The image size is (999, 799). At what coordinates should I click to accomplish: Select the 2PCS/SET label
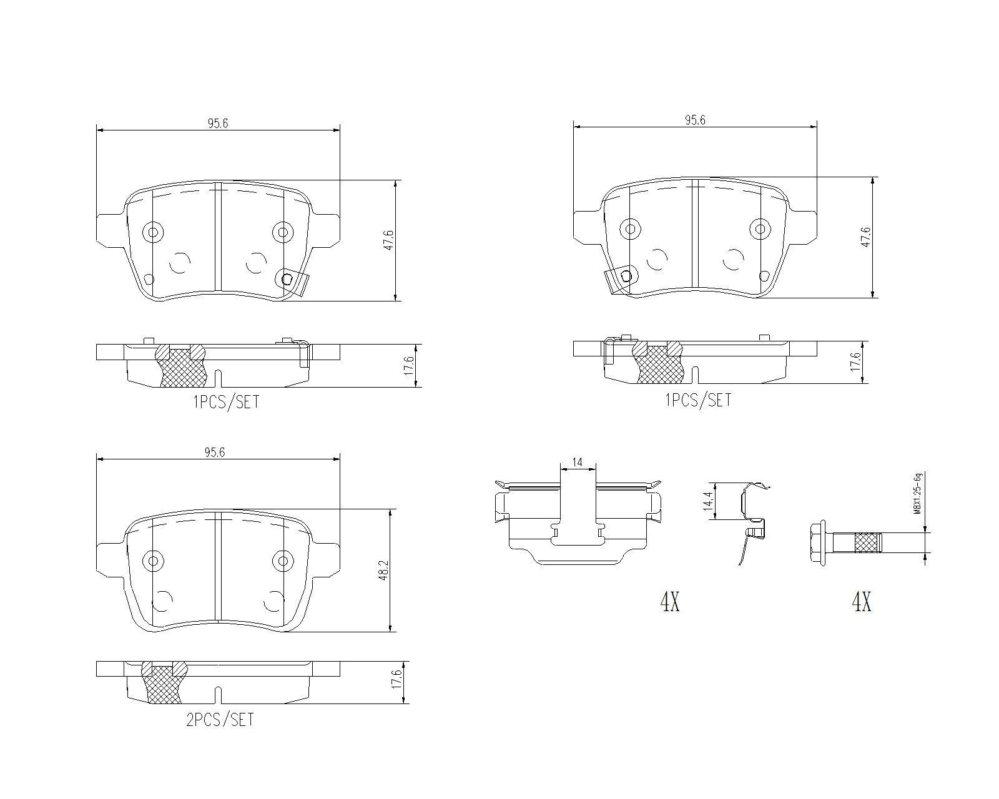click(220, 720)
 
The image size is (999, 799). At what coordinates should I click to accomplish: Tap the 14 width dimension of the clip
click(577, 463)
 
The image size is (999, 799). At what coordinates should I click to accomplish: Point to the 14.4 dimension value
click(707, 501)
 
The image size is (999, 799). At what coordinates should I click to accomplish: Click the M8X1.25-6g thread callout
click(917, 494)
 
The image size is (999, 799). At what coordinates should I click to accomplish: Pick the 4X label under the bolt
click(862, 602)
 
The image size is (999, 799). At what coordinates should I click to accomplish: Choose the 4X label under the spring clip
click(669, 602)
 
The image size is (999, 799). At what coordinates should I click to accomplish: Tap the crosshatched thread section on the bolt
click(867, 542)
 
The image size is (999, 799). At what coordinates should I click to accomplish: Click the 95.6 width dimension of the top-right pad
click(694, 120)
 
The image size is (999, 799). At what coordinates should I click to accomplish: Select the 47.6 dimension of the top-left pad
click(389, 240)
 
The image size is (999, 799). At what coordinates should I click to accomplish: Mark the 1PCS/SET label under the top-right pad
click(698, 400)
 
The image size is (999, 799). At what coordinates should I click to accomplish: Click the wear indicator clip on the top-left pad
click(295, 281)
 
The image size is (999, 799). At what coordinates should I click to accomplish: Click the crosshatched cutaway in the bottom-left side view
click(165, 685)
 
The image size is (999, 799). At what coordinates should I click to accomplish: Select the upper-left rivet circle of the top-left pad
click(152, 232)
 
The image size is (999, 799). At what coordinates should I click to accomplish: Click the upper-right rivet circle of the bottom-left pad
click(283, 561)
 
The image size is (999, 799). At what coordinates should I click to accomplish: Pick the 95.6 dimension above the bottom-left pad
click(218, 453)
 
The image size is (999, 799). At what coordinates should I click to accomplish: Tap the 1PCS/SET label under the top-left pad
click(225, 402)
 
